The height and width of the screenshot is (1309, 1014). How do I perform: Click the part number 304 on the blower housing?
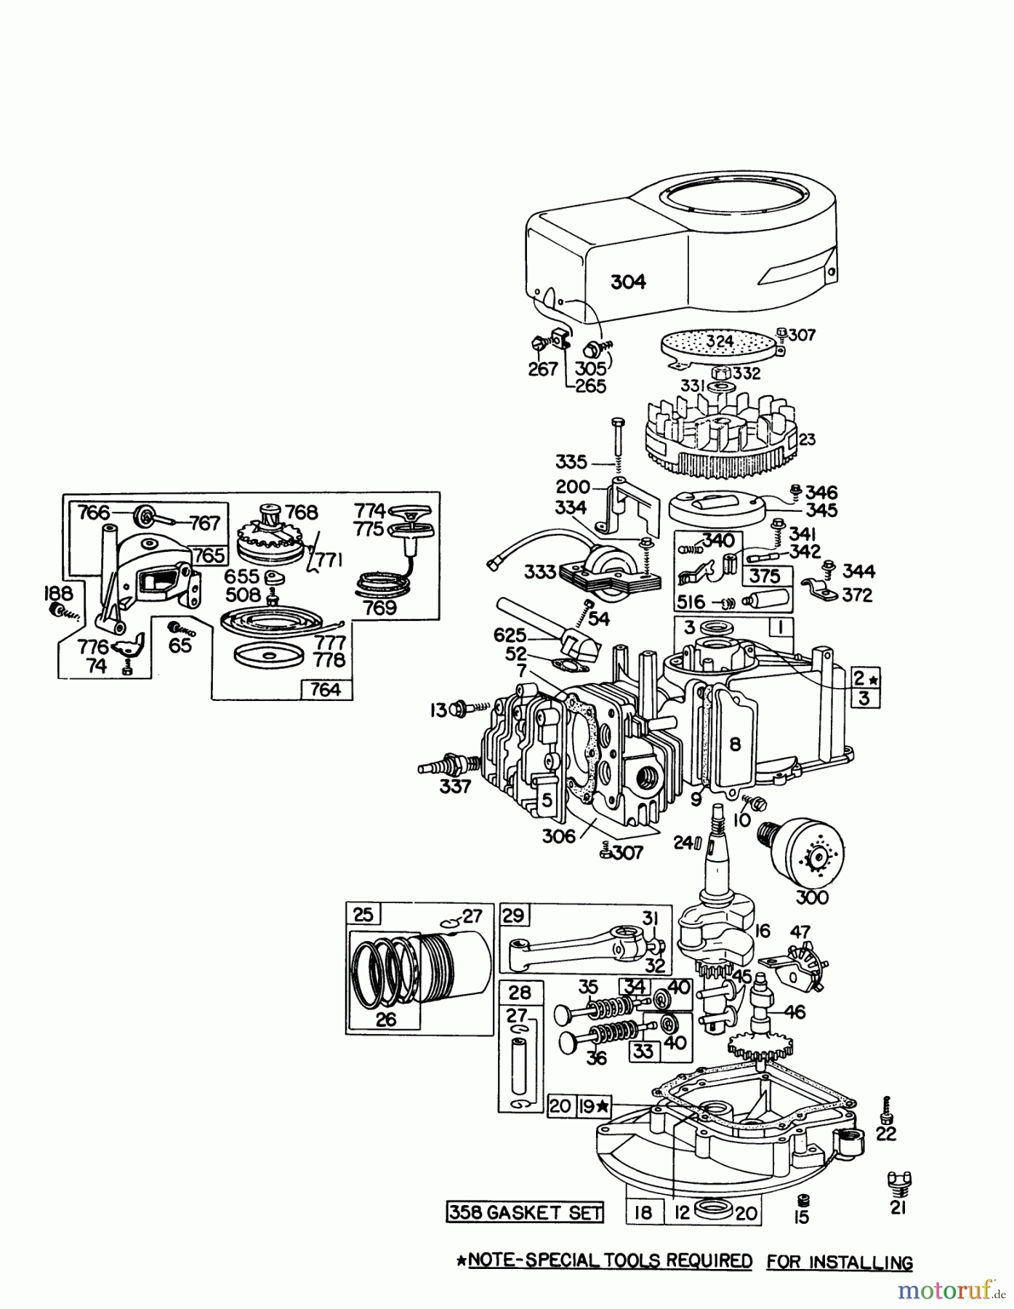click(628, 281)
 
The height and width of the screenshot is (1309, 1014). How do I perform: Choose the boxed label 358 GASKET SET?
click(524, 1212)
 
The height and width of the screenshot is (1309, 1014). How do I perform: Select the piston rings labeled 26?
click(384, 974)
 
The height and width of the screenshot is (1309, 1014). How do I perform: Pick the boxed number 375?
click(765, 577)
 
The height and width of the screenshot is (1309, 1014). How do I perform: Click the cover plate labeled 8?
click(736, 743)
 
